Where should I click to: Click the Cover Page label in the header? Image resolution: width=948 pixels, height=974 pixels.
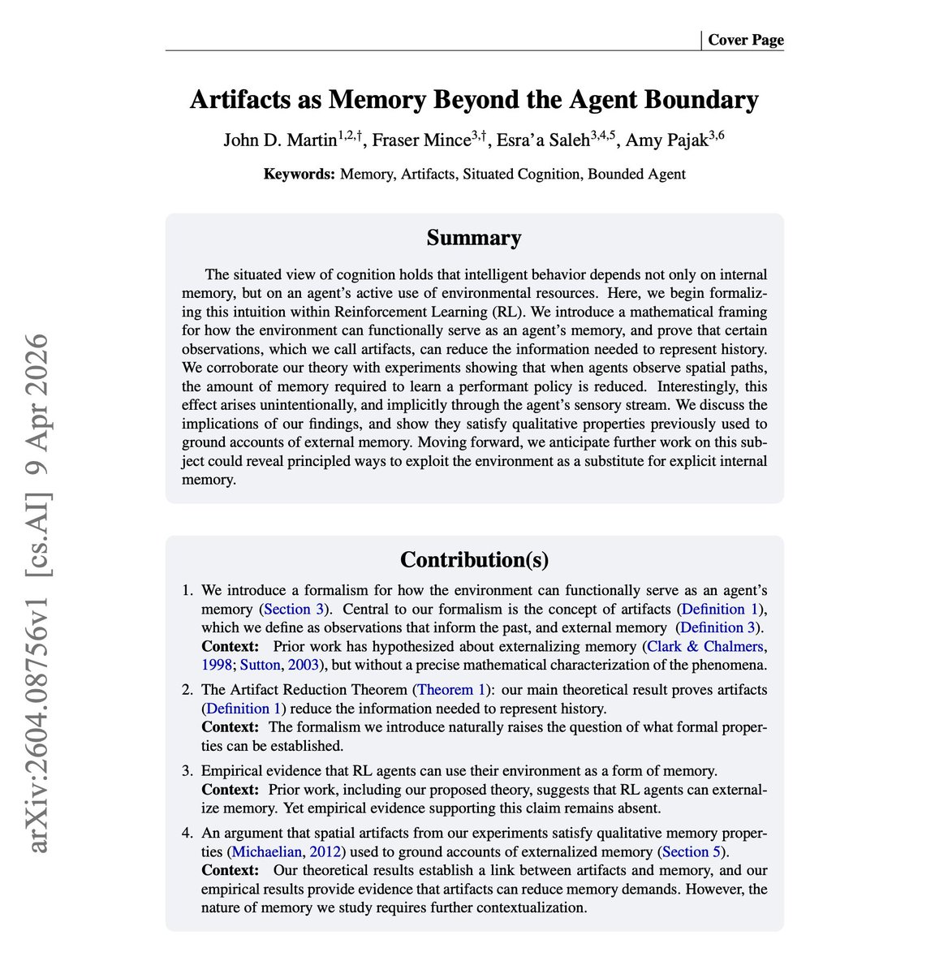(745, 40)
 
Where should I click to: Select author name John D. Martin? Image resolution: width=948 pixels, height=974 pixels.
(279, 140)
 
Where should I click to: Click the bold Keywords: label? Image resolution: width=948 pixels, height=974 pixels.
(299, 174)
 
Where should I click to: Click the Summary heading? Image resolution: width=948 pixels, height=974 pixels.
(474, 238)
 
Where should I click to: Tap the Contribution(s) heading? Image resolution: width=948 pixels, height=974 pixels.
(474, 560)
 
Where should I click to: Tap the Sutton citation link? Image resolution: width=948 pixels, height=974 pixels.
(259, 666)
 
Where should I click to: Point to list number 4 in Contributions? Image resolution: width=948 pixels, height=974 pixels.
(187, 834)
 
